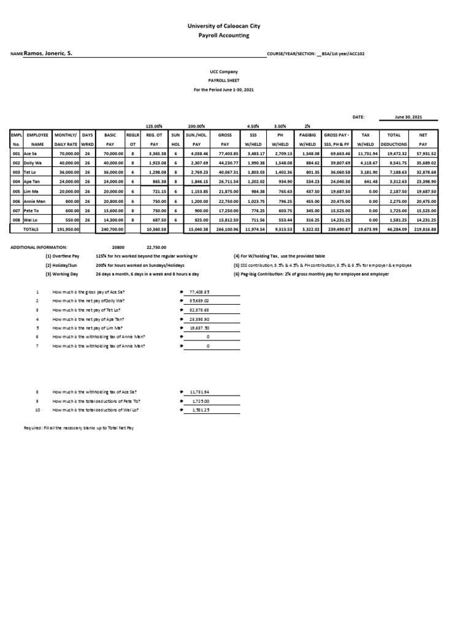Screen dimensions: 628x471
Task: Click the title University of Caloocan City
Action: [x=235, y=27]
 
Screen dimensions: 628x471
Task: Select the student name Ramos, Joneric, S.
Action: [x=48, y=54]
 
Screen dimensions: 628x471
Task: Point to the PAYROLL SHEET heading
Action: [x=235, y=80]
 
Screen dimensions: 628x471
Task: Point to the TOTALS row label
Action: [x=31, y=228]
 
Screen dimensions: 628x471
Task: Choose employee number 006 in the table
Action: [x=17, y=201]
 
